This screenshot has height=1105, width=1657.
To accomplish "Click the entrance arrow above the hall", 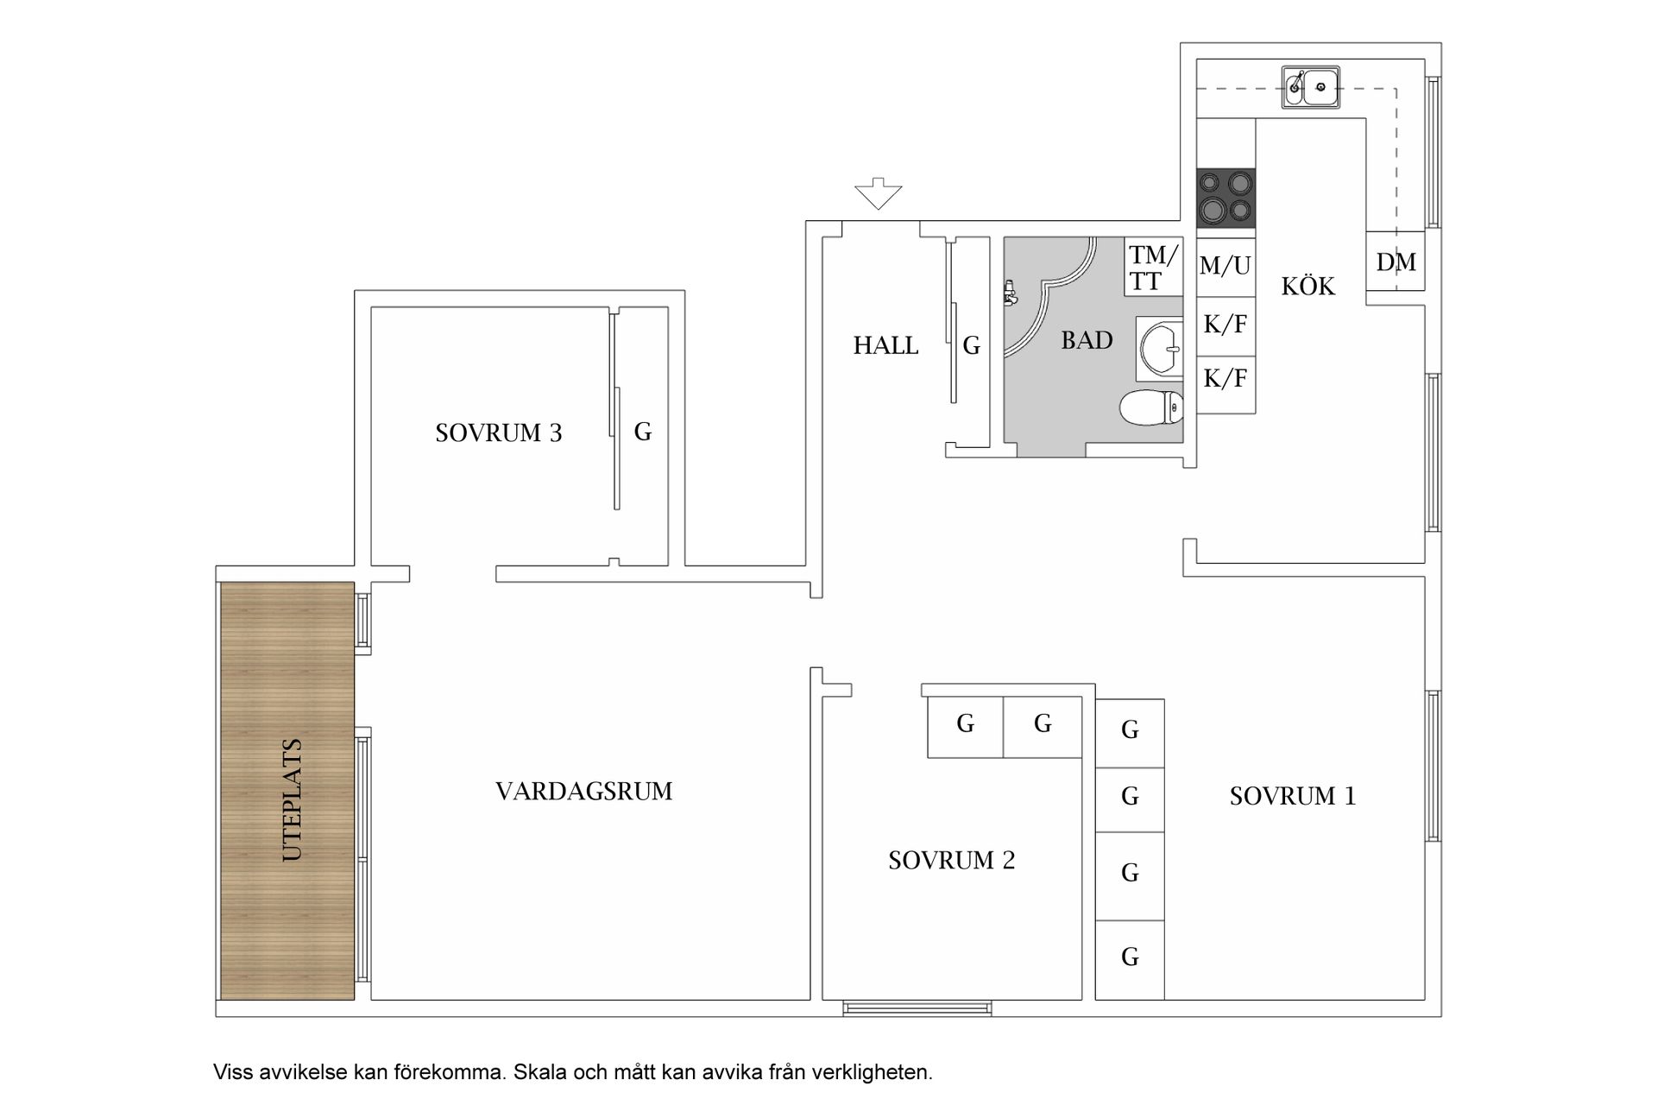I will pyautogui.click(x=879, y=193).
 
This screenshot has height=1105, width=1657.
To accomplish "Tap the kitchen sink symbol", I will pyautogui.click(x=1310, y=86).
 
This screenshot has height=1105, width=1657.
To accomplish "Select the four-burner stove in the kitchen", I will pyautogui.click(x=1225, y=197).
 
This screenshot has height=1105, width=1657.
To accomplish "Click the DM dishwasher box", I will pyautogui.click(x=1396, y=262).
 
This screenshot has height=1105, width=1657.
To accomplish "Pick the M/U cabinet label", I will pyautogui.click(x=1225, y=266).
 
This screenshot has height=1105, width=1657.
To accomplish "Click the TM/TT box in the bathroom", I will pyautogui.click(x=1153, y=268).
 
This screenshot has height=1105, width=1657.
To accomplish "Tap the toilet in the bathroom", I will pyautogui.click(x=1152, y=407).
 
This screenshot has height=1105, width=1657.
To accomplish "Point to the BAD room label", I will pyautogui.click(x=1087, y=341).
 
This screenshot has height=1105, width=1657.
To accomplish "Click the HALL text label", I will pyautogui.click(x=885, y=346).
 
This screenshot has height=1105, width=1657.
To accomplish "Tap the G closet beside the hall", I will pyautogui.click(x=972, y=346).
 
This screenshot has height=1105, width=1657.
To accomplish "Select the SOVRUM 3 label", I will pyautogui.click(x=498, y=433).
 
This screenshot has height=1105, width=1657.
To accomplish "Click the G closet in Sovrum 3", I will pyautogui.click(x=643, y=432).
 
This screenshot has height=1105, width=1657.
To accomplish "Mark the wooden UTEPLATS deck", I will pyautogui.click(x=287, y=790).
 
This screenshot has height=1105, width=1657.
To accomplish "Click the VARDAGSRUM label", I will pyautogui.click(x=583, y=792).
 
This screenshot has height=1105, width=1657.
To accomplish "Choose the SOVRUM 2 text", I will pyautogui.click(x=951, y=861).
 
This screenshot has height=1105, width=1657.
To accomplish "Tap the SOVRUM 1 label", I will pyautogui.click(x=1292, y=796).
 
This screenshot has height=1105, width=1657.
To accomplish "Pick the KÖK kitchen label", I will pyautogui.click(x=1307, y=287).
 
